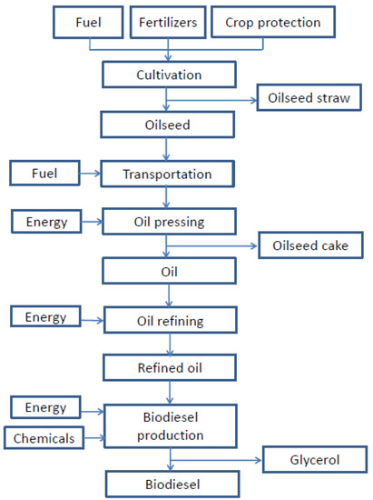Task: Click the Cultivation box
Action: pyautogui.click(x=169, y=75)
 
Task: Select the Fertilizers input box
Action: pyautogui.click(x=168, y=21)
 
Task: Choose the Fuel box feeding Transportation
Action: pyautogui.click(x=46, y=171)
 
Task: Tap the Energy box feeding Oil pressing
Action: pyautogui.click(x=46, y=219)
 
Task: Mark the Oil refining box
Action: pyautogui.click(x=169, y=319)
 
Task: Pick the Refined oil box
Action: pyautogui.click(x=169, y=367)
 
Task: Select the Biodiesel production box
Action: pyautogui.click(x=169, y=425)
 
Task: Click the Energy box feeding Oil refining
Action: pyautogui.click(x=46, y=318)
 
